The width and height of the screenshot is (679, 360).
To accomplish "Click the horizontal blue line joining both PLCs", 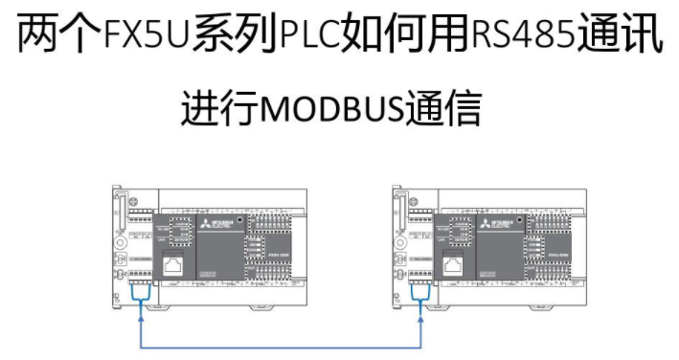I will tap(283, 346).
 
